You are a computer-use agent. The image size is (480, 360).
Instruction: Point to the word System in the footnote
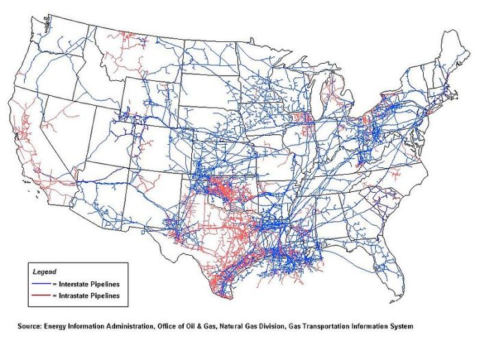(400, 326)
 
